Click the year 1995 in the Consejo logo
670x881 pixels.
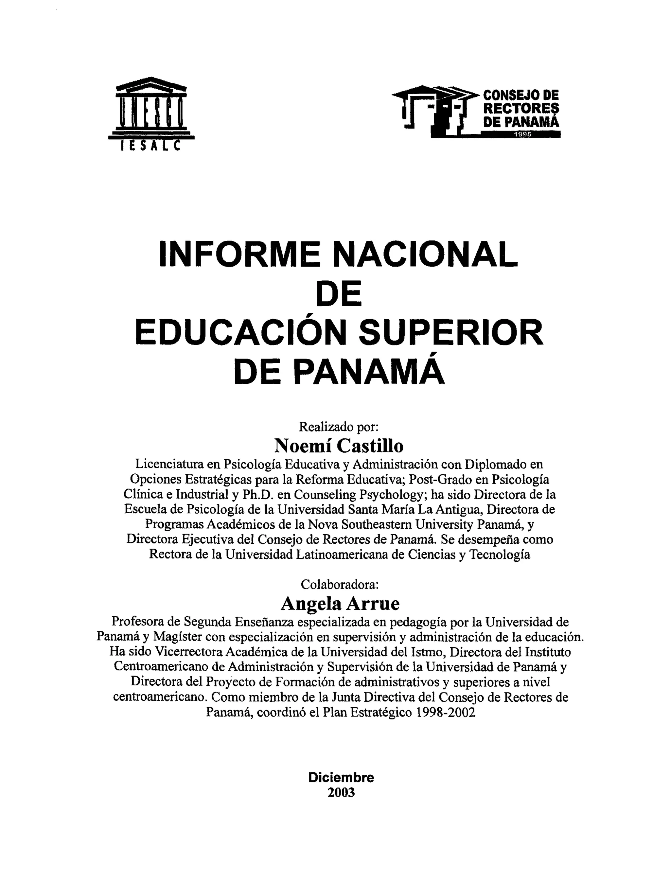coord(522,134)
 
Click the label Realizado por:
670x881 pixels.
coord(339,427)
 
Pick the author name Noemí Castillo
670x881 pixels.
coord(339,446)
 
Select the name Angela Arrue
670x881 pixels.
coord(340,604)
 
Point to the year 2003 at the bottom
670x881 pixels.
coord(341,792)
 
